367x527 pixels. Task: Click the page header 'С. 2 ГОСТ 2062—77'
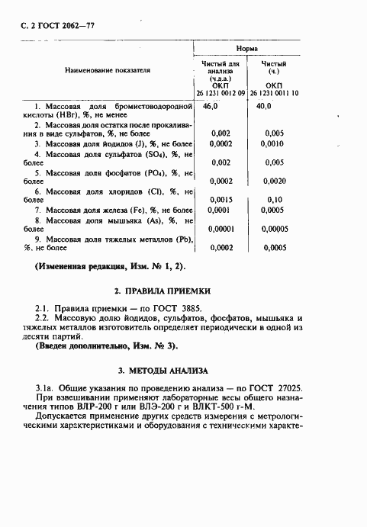tap(56, 24)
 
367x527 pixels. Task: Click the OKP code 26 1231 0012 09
tap(221, 92)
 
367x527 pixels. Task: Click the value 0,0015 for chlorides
tap(221, 198)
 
